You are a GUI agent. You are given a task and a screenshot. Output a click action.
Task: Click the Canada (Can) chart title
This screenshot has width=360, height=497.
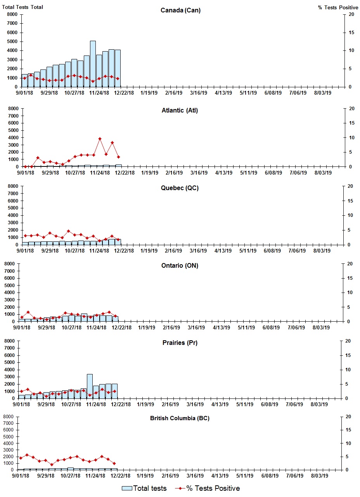pyautogui.click(x=180, y=10)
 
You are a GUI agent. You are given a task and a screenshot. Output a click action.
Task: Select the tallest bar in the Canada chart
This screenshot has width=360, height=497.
pyautogui.click(x=93, y=64)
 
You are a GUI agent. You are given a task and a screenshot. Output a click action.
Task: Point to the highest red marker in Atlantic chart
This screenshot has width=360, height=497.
pyautogui.click(x=100, y=139)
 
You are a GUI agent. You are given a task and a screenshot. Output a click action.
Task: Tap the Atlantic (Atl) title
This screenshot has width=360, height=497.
pyautogui.click(x=180, y=111)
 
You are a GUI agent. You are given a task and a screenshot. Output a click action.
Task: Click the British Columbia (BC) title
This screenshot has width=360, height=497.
pyautogui.click(x=180, y=418)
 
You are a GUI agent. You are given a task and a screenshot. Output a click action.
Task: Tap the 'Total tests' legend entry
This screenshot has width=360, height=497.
pyautogui.click(x=144, y=488)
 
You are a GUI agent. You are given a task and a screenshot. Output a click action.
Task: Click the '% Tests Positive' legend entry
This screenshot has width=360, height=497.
pyautogui.click(x=208, y=488)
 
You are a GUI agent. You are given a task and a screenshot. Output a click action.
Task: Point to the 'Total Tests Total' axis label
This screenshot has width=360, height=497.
pyautogui.click(x=22, y=7)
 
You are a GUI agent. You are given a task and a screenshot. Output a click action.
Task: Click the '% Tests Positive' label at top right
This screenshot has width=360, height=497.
pyautogui.click(x=338, y=7)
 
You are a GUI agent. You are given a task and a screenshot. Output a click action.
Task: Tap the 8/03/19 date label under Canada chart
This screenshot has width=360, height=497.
pyautogui.click(x=322, y=93)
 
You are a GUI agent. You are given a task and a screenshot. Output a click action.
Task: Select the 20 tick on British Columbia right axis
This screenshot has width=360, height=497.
pyautogui.click(x=348, y=417)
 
